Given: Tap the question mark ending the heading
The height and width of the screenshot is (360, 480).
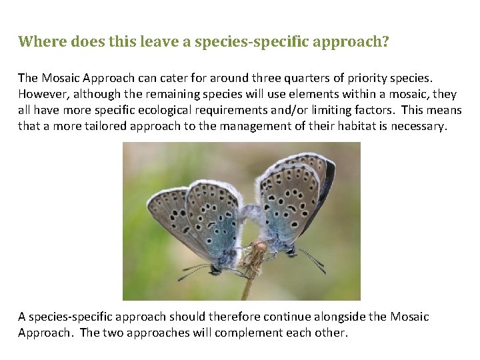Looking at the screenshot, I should [385, 42].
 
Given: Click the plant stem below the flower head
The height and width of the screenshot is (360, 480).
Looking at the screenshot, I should [247, 289].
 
